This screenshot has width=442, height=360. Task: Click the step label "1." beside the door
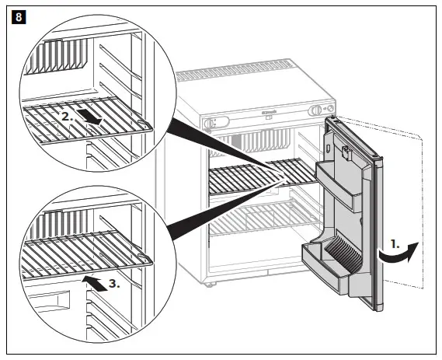[395, 243]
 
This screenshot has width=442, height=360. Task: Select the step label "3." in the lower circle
[113, 284]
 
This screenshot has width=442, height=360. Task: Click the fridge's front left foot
[208, 284]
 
